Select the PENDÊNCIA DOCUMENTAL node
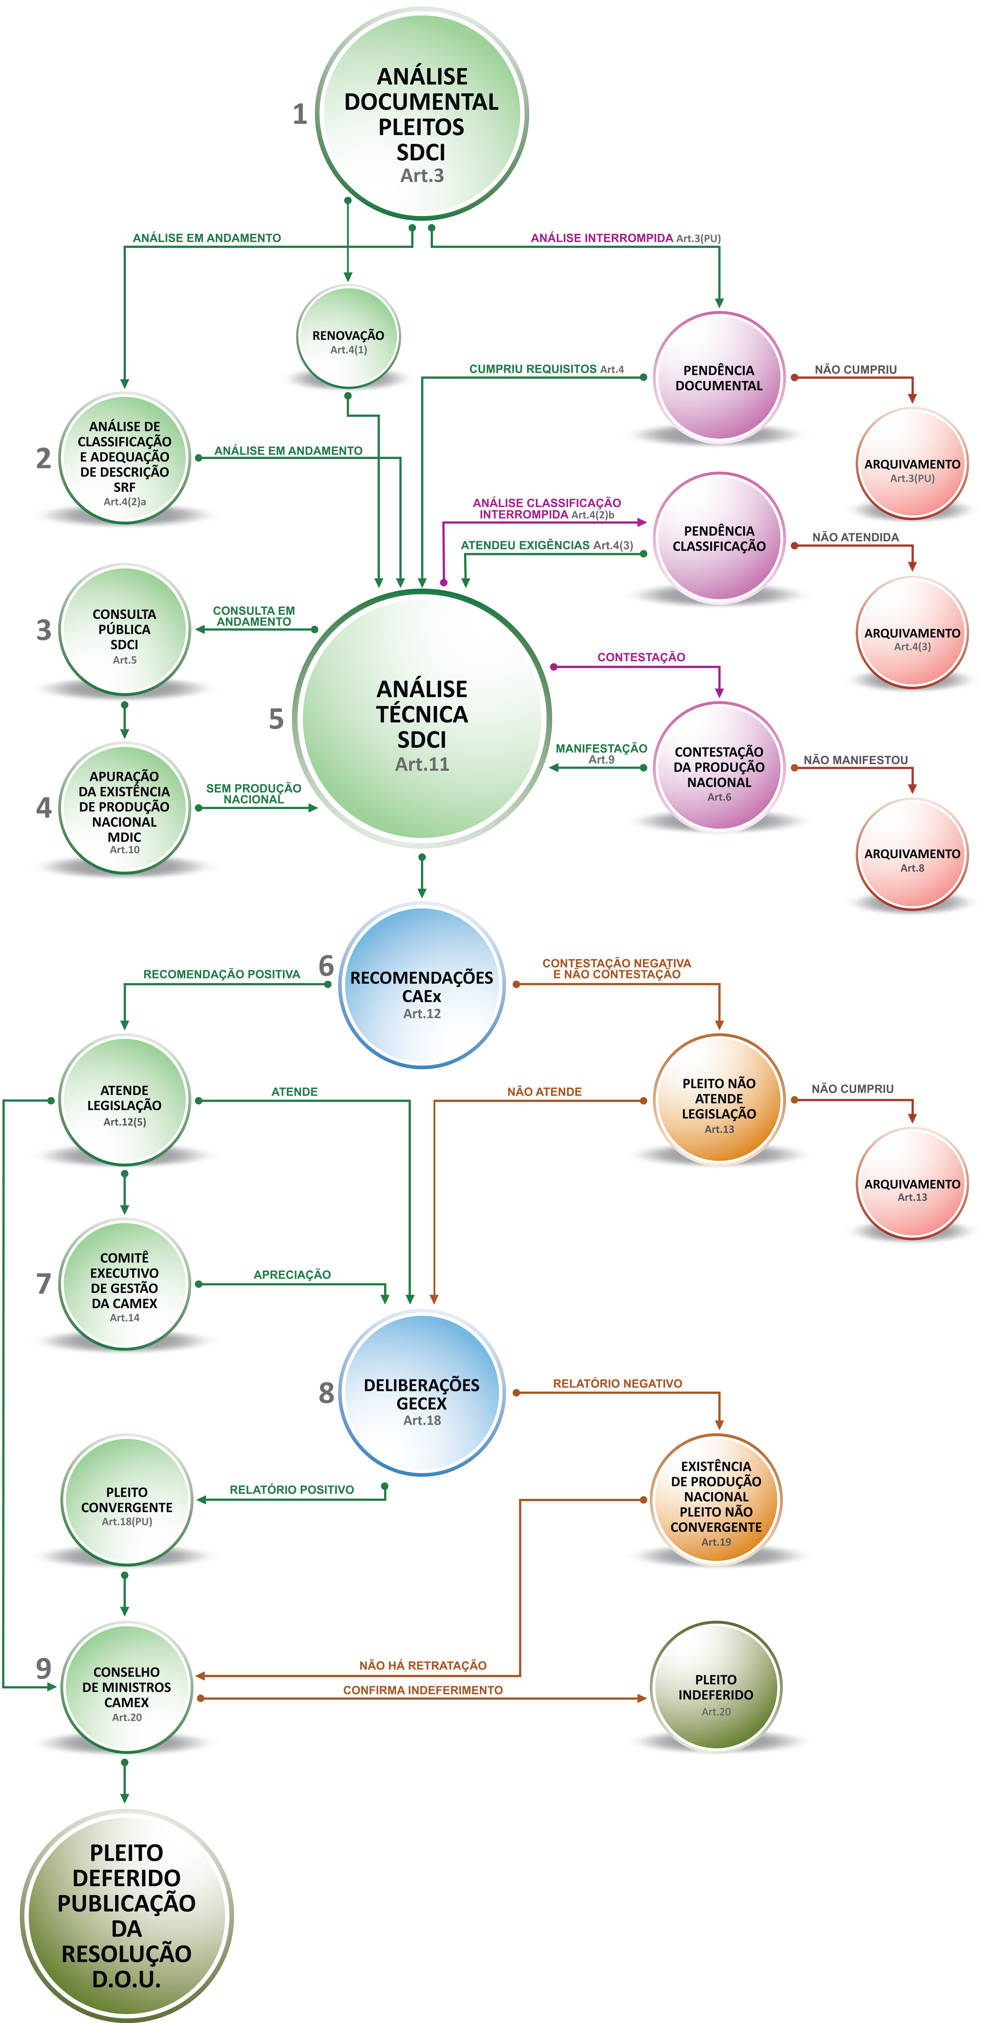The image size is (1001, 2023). click(719, 378)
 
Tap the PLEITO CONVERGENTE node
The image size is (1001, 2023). click(127, 1500)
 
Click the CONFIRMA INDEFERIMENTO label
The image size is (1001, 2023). click(423, 1690)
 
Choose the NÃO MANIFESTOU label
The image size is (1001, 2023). click(856, 760)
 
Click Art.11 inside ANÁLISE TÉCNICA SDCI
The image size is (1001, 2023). click(422, 764)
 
